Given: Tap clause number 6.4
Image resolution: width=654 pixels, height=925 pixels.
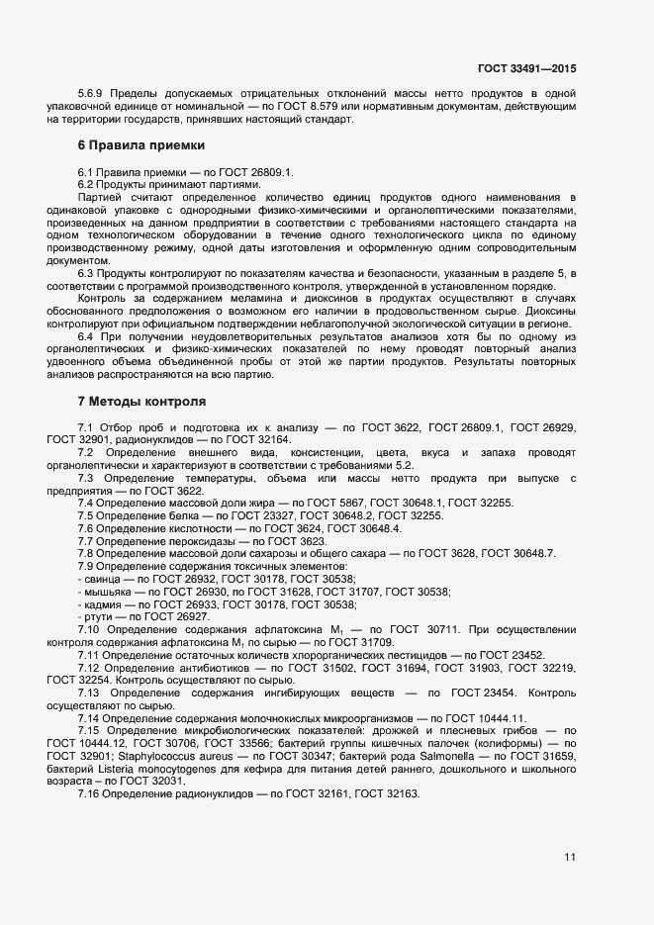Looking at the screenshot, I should (86, 337).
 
